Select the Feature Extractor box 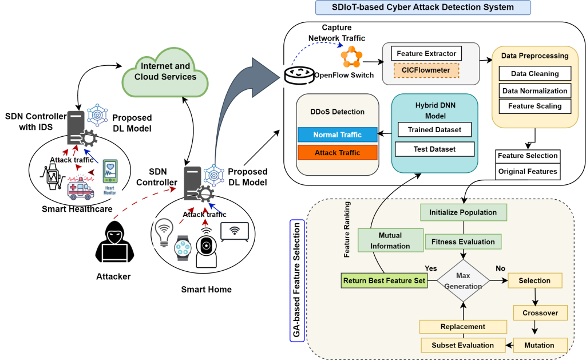(426, 54)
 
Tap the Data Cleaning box (535, 74)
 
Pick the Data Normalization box (535, 90)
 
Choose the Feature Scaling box (535, 106)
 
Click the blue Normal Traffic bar (338, 135)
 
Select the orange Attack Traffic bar (338, 153)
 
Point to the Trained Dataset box (434, 129)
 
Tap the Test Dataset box (434, 149)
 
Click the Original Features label (527, 171)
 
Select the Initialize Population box (463, 212)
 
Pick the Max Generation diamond (463, 280)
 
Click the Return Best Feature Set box (383, 280)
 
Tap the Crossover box (540, 313)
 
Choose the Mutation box (539, 345)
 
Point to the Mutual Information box (390, 240)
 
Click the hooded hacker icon (113, 241)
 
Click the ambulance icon (80, 188)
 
